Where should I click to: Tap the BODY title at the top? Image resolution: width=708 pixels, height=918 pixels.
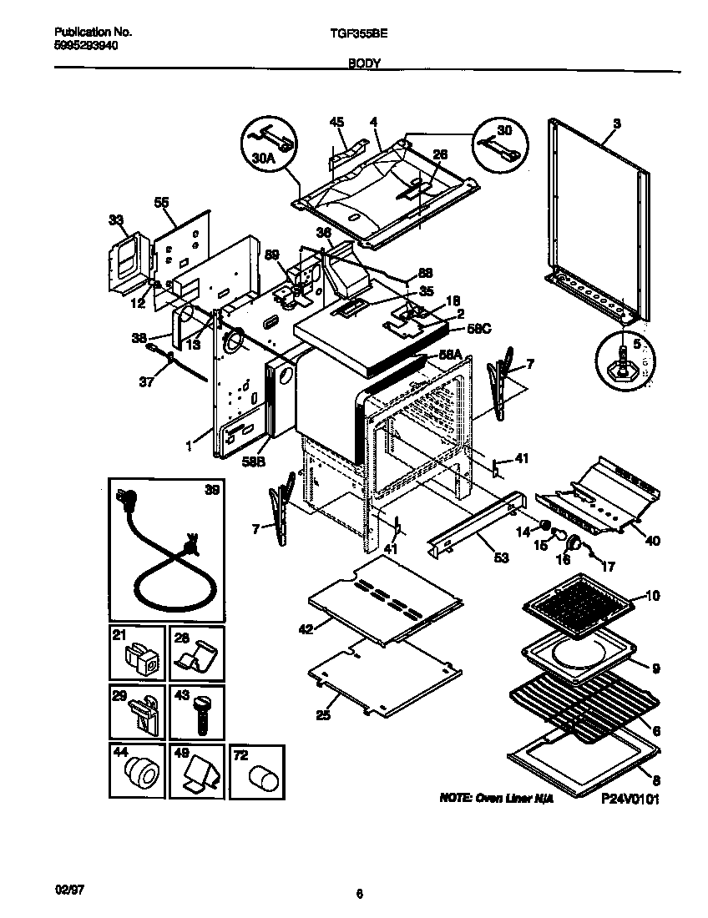pos(364,63)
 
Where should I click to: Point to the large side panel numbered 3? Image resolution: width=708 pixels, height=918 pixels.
pos(597,219)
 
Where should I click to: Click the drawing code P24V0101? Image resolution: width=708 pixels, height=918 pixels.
pos(630,799)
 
